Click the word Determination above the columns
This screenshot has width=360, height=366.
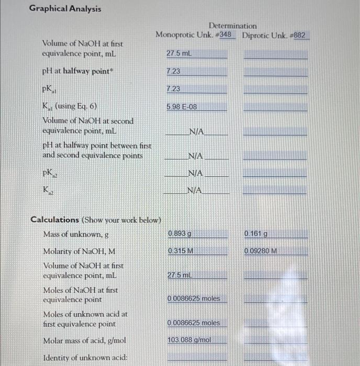233,26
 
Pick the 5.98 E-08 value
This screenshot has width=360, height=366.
182,107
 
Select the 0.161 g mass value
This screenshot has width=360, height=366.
255,233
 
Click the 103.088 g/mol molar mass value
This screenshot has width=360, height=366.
189,340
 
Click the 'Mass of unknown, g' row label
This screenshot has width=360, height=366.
76,234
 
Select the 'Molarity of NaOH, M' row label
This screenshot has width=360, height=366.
79,251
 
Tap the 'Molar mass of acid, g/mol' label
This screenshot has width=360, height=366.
85,340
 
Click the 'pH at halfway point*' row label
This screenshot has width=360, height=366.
77,71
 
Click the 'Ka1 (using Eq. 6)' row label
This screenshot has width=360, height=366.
69,106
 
